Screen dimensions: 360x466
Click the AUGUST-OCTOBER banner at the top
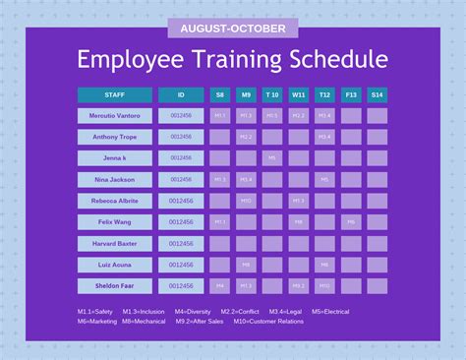233,29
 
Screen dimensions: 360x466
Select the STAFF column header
114,95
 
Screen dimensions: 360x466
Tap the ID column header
181,95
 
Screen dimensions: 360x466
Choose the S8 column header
219,95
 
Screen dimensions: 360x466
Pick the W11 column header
298,95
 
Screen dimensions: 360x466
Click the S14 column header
378,95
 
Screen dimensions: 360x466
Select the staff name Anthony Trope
114,137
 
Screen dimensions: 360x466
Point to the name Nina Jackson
114,180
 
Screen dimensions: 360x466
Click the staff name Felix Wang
114,222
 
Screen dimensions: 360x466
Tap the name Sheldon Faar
114,286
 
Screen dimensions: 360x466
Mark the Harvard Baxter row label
114,243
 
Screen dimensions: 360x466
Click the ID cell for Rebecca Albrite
181,201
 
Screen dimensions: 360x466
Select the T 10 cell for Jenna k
272,158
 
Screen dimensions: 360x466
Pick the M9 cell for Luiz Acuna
246,265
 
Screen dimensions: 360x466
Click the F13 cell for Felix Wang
351,222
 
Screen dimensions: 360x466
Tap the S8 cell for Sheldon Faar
219,286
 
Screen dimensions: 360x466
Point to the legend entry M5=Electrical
330,312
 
